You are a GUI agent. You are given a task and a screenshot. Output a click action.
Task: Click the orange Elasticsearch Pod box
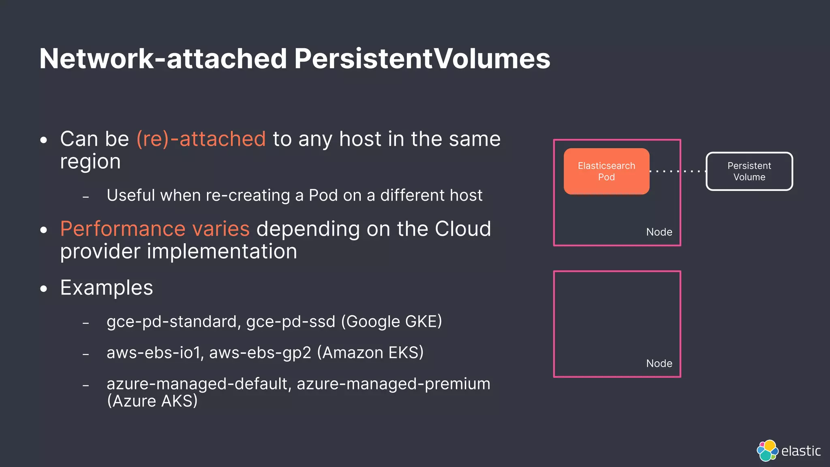coord(606,171)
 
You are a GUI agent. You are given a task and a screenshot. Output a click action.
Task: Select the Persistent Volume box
coord(749,171)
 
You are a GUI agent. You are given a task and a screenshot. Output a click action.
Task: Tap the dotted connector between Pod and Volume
coord(678,171)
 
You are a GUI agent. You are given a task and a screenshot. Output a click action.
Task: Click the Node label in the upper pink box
coord(659,232)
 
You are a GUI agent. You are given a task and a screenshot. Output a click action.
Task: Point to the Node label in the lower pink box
coord(659,364)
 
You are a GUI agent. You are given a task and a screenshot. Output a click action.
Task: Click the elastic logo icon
coord(767,450)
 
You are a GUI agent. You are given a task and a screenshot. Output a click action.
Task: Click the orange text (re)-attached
coord(201,139)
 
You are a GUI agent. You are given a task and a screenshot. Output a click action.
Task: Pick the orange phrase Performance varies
coord(155,229)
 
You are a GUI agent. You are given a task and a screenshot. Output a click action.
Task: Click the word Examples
coord(107,288)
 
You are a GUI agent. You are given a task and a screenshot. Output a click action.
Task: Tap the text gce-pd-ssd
coord(291,322)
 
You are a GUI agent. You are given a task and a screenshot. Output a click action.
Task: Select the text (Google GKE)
coord(391,322)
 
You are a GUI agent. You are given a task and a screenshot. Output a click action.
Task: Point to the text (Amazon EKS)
coord(370,353)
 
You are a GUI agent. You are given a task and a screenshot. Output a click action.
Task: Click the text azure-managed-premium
coord(394,384)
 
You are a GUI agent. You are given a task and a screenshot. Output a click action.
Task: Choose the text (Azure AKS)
coord(152,401)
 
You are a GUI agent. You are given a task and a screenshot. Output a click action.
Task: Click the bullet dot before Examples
coord(44,289)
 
